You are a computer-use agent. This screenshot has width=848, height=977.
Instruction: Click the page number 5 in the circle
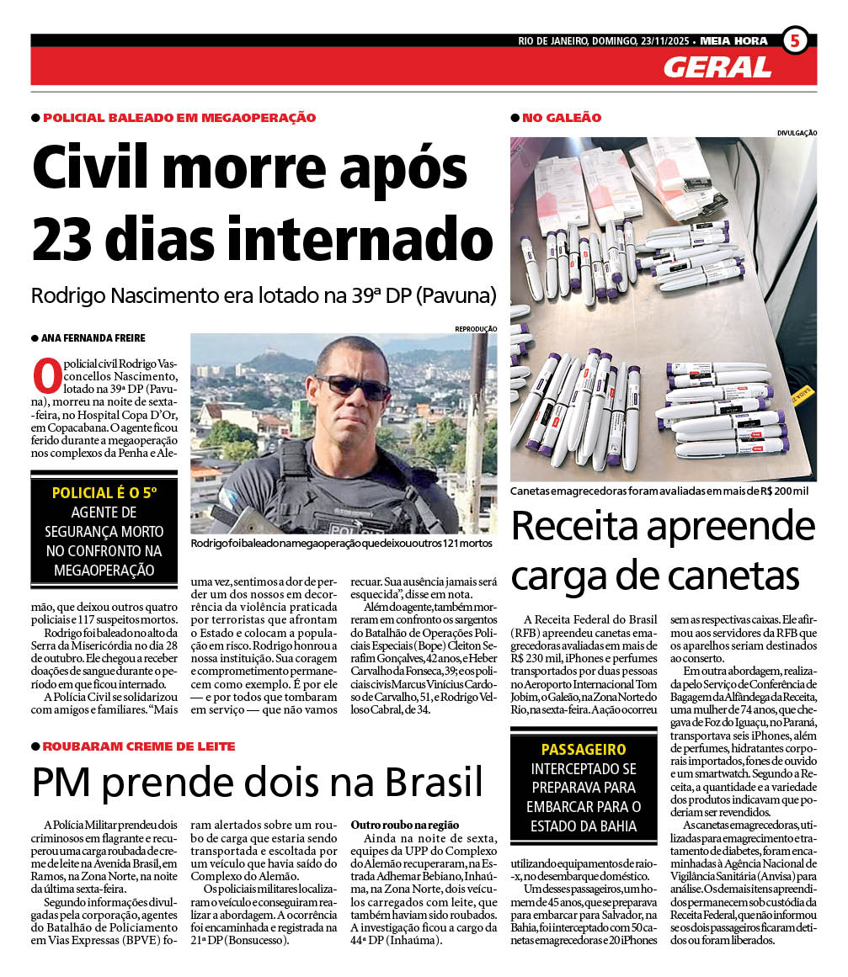tap(795, 40)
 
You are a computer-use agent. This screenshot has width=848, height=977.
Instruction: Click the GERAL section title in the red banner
tap(717, 67)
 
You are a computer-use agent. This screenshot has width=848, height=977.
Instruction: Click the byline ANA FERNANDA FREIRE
tap(93, 337)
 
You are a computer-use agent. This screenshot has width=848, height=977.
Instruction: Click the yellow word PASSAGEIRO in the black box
tap(584, 749)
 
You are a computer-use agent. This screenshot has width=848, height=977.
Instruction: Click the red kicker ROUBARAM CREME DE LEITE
tap(139, 746)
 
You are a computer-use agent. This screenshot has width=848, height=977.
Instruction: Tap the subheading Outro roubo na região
tap(405, 824)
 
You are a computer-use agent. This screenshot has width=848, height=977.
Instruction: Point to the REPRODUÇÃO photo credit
tap(476, 328)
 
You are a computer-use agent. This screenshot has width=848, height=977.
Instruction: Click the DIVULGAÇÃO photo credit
tap(797, 133)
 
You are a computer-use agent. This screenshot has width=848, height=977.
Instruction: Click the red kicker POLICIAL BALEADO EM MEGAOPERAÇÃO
tap(179, 118)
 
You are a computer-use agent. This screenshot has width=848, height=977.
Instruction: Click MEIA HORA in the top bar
tap(733, 40)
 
